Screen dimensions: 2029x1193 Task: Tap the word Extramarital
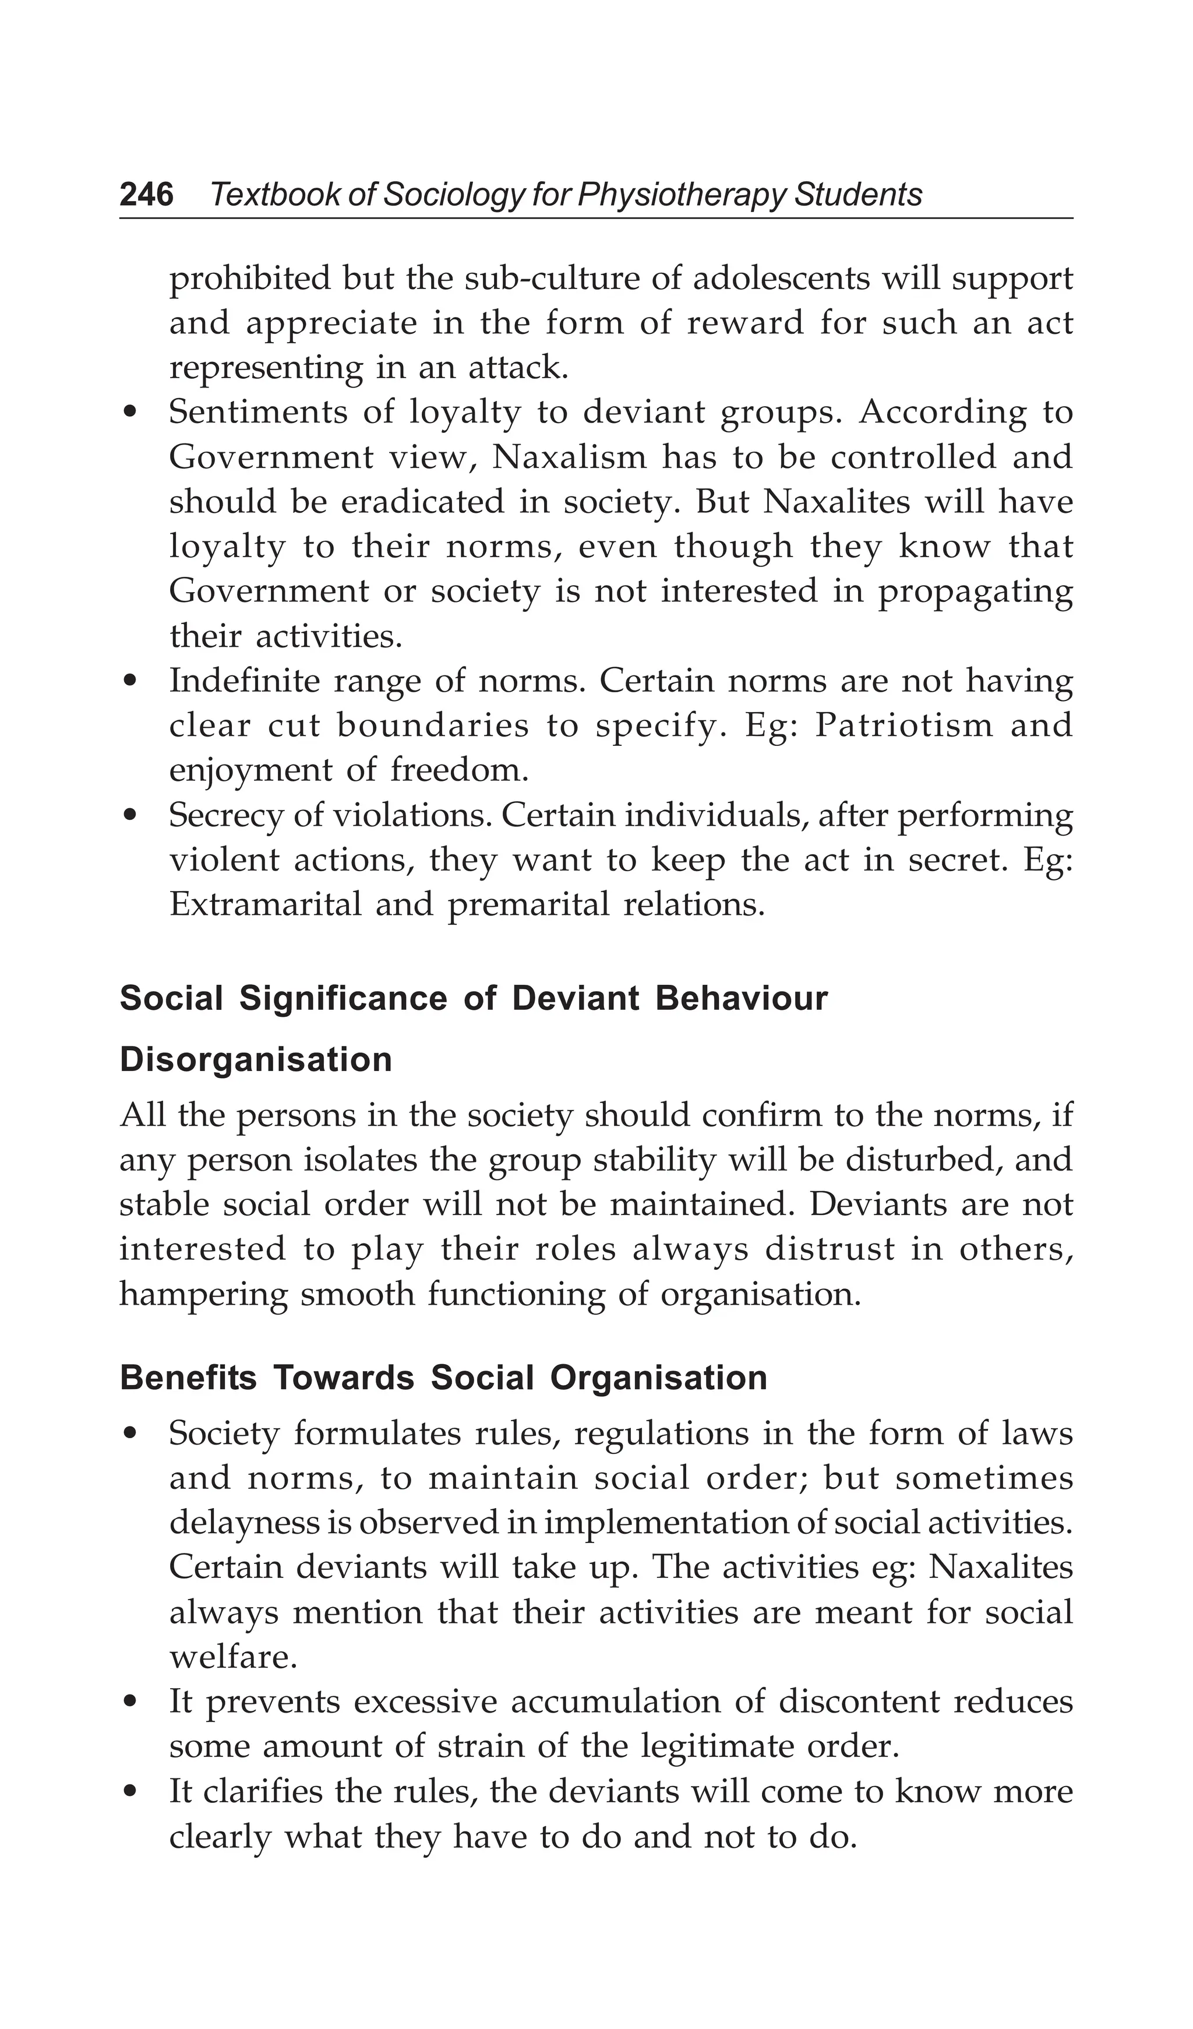click(x=266, y=904)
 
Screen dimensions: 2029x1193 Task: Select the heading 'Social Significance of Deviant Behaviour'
click(x=474, y=998)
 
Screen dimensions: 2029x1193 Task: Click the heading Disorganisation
click(x=256, y=1059)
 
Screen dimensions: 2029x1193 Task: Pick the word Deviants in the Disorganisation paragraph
click(x=870, y=1204)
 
